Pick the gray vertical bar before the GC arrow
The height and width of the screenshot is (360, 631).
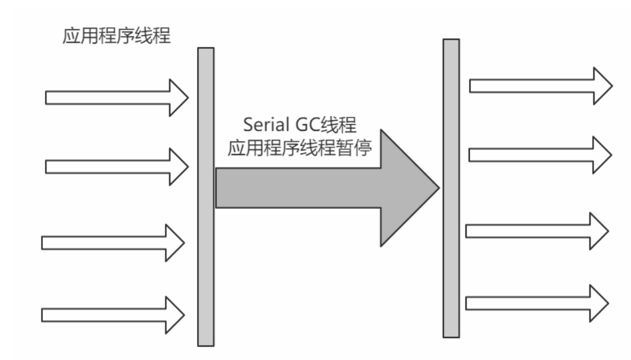pyautogui.click(x=205, y=197)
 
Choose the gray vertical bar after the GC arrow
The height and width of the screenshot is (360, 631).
pyautogui.click(x=451, y=188)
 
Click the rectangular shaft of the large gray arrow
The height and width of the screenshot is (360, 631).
pyautogui.click(x=298, y=188)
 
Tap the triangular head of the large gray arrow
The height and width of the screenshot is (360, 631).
pyautogui.click(x=407, y=188)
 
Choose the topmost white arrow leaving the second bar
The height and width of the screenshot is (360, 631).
pyautogui.click(x=533, y=85)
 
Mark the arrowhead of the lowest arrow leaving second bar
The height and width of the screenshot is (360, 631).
pyautogui.click(x=598, y=303)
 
